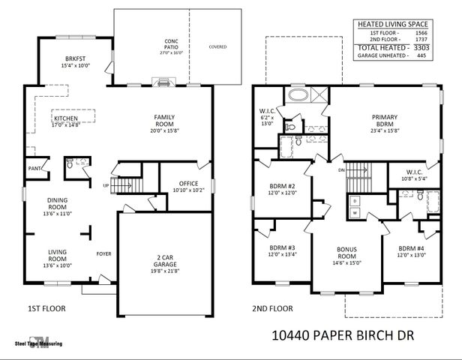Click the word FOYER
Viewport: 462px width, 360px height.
click(103, 254)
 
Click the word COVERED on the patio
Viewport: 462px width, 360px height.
click(218, 47)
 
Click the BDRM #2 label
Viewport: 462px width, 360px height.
click(284, 187)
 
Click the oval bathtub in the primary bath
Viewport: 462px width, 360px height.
click(295, 96)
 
